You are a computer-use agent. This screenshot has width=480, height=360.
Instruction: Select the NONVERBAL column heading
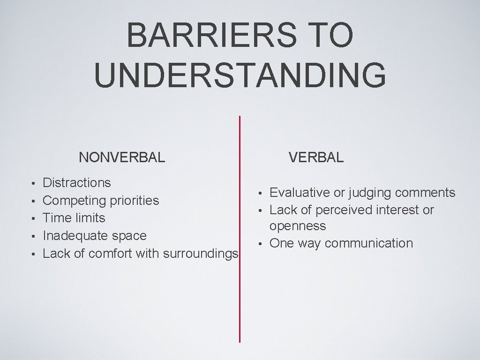tap(122, 157)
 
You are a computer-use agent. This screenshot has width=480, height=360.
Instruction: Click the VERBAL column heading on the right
tap(316, 157)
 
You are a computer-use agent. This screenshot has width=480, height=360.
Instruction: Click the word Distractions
tap(77, 182)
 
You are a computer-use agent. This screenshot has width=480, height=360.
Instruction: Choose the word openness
tap(297, 226)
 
